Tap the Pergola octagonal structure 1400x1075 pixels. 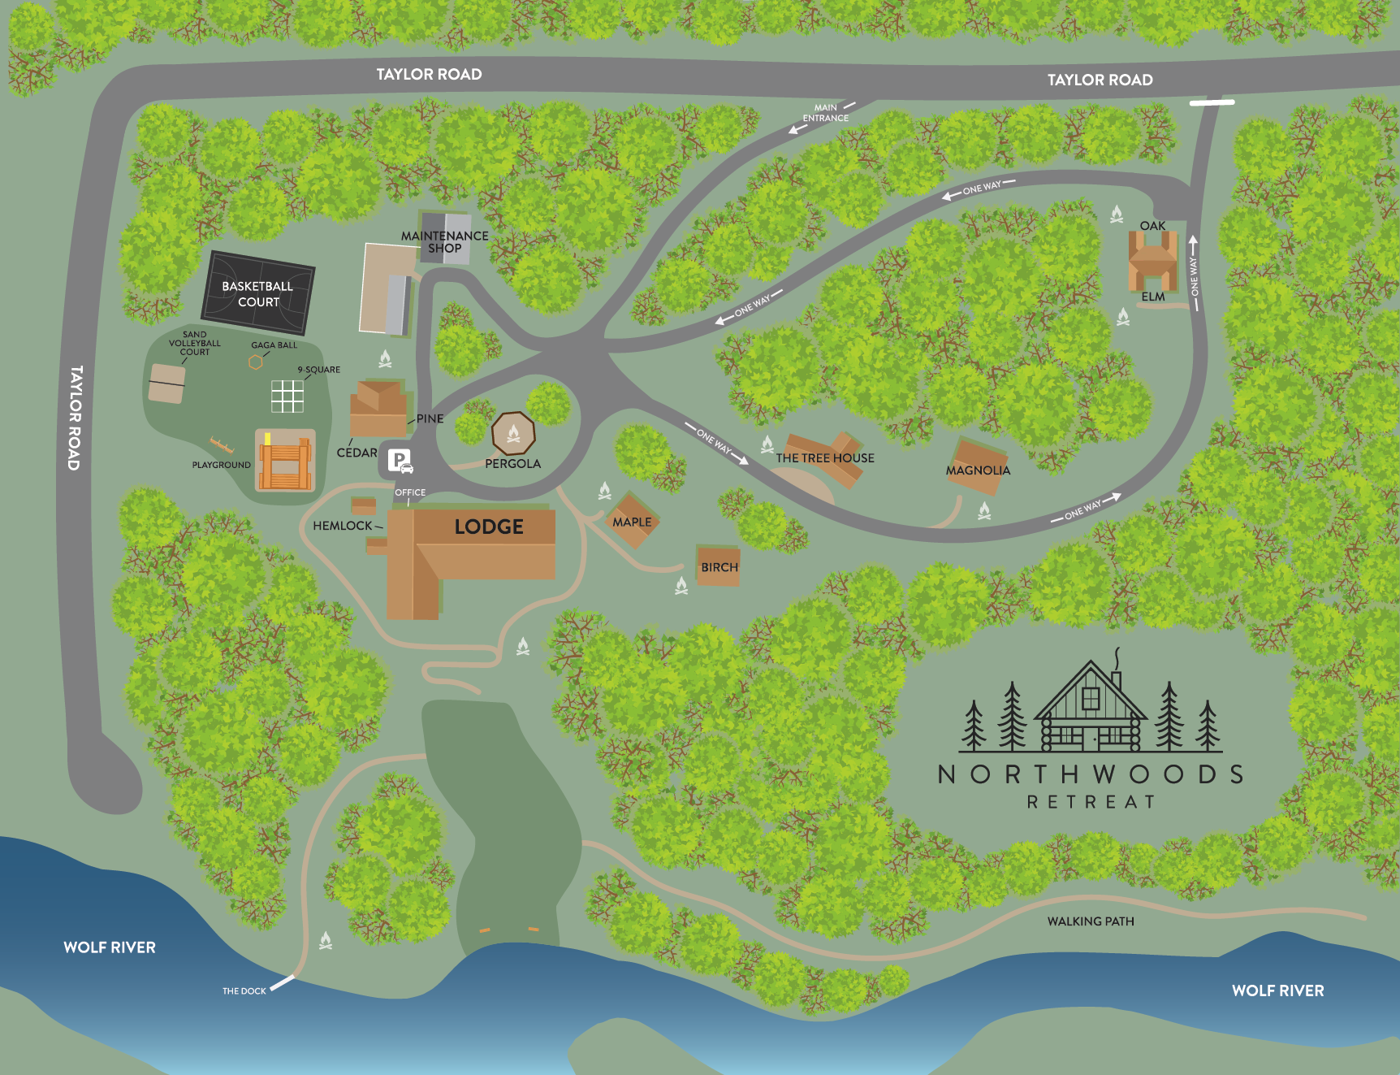513,433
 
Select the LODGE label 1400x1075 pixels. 489,527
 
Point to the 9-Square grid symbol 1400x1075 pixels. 287,396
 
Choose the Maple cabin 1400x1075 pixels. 632,521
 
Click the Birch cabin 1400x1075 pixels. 719,566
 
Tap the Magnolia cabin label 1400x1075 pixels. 978,470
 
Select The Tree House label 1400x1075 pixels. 825,458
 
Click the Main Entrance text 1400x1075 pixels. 825,113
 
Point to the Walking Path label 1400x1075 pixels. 1091,921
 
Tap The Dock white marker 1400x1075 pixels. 282,983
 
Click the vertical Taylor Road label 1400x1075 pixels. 75,418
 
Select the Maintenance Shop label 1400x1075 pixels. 445,242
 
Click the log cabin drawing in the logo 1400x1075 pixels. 1091,711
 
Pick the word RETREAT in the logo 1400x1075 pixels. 1091,802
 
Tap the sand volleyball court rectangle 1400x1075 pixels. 166,384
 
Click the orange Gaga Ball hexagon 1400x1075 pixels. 256,362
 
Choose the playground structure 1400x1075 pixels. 285,461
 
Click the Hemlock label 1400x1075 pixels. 342,526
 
